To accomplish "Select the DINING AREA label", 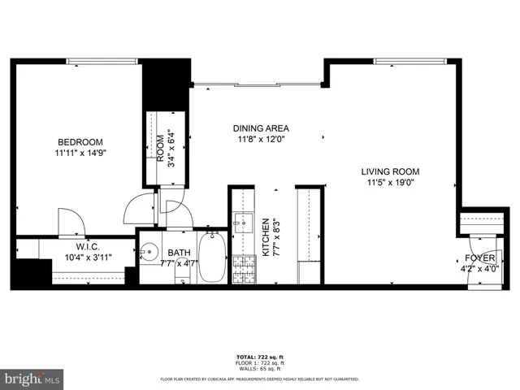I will (x=261, y=128).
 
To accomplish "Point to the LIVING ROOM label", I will (x=390, y=171).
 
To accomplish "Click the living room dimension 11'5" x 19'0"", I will (x=390, y=183).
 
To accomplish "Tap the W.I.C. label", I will (x=88, y=246).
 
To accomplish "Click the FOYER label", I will (x=479, y=258).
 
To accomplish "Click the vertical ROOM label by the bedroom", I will (x=160, y=149).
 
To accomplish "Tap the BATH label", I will (x=179, y=253).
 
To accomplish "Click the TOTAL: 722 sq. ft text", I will (x=261, y=357).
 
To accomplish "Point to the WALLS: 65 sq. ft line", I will (x=261, y=369).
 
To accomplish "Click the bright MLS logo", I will (x=32, y=379).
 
